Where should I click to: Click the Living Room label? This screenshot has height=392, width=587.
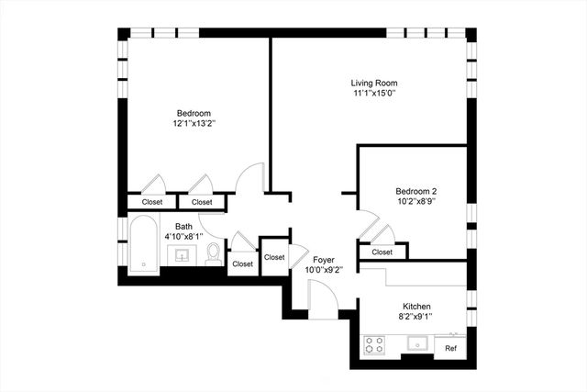tap(374, 82)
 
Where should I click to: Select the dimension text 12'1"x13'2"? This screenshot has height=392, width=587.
tap(194, 123)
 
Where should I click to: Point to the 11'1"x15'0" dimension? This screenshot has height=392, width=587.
tap(374, 93)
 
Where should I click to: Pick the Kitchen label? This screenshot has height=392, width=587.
tap(416, 307)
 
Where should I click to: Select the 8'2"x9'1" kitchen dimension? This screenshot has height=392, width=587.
tap(416, 317)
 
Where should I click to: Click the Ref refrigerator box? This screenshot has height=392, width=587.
tap(450, 349)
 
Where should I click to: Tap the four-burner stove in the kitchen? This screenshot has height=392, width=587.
tap(375, 345)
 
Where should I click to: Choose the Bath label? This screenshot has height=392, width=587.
tap(184, 226)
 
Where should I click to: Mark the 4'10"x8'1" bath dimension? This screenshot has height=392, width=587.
tap(184, 236)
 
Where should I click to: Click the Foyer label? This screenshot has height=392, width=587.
tap(324, 260)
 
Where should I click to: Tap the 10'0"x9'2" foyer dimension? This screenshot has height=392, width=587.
tap(324, 270)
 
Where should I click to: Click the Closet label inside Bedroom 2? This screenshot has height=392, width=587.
tap(382, 252)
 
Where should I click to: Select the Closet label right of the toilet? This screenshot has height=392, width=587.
tap(242, 263)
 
